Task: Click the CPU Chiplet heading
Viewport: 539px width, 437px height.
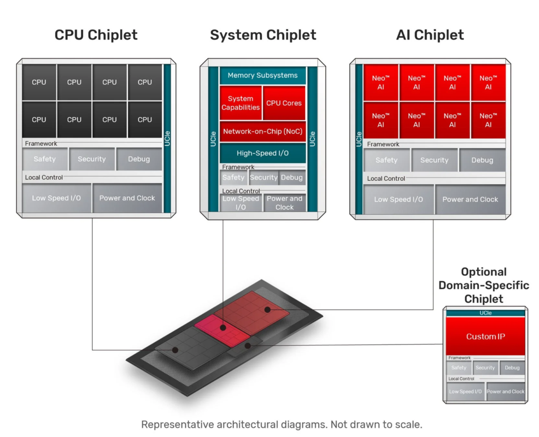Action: [x=96, y=35]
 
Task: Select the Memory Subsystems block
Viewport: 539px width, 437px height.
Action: [x=262, y=75]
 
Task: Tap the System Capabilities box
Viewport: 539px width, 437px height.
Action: [x=241, y=103]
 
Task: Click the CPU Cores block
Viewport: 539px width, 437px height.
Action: [x=284, y=103]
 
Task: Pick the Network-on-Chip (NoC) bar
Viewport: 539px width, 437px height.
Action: [x=262, y=132]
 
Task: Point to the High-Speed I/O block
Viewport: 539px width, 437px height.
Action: [x=262, y=153]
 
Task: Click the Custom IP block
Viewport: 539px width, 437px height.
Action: [x=485, y=336]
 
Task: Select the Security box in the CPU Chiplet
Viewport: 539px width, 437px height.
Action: [x=92, y=159]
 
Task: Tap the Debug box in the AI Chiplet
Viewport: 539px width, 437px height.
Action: [x=482, y=160]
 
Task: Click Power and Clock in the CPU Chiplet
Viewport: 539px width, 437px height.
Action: [x=127, y=198]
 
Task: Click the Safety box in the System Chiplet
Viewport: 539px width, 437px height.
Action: [x=233, y=178]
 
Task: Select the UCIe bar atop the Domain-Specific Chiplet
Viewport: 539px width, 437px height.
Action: [x=485, y=314]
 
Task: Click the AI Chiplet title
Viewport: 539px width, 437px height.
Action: [x=430, y=35]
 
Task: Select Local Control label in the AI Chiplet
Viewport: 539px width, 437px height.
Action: [x=386, y=179]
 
